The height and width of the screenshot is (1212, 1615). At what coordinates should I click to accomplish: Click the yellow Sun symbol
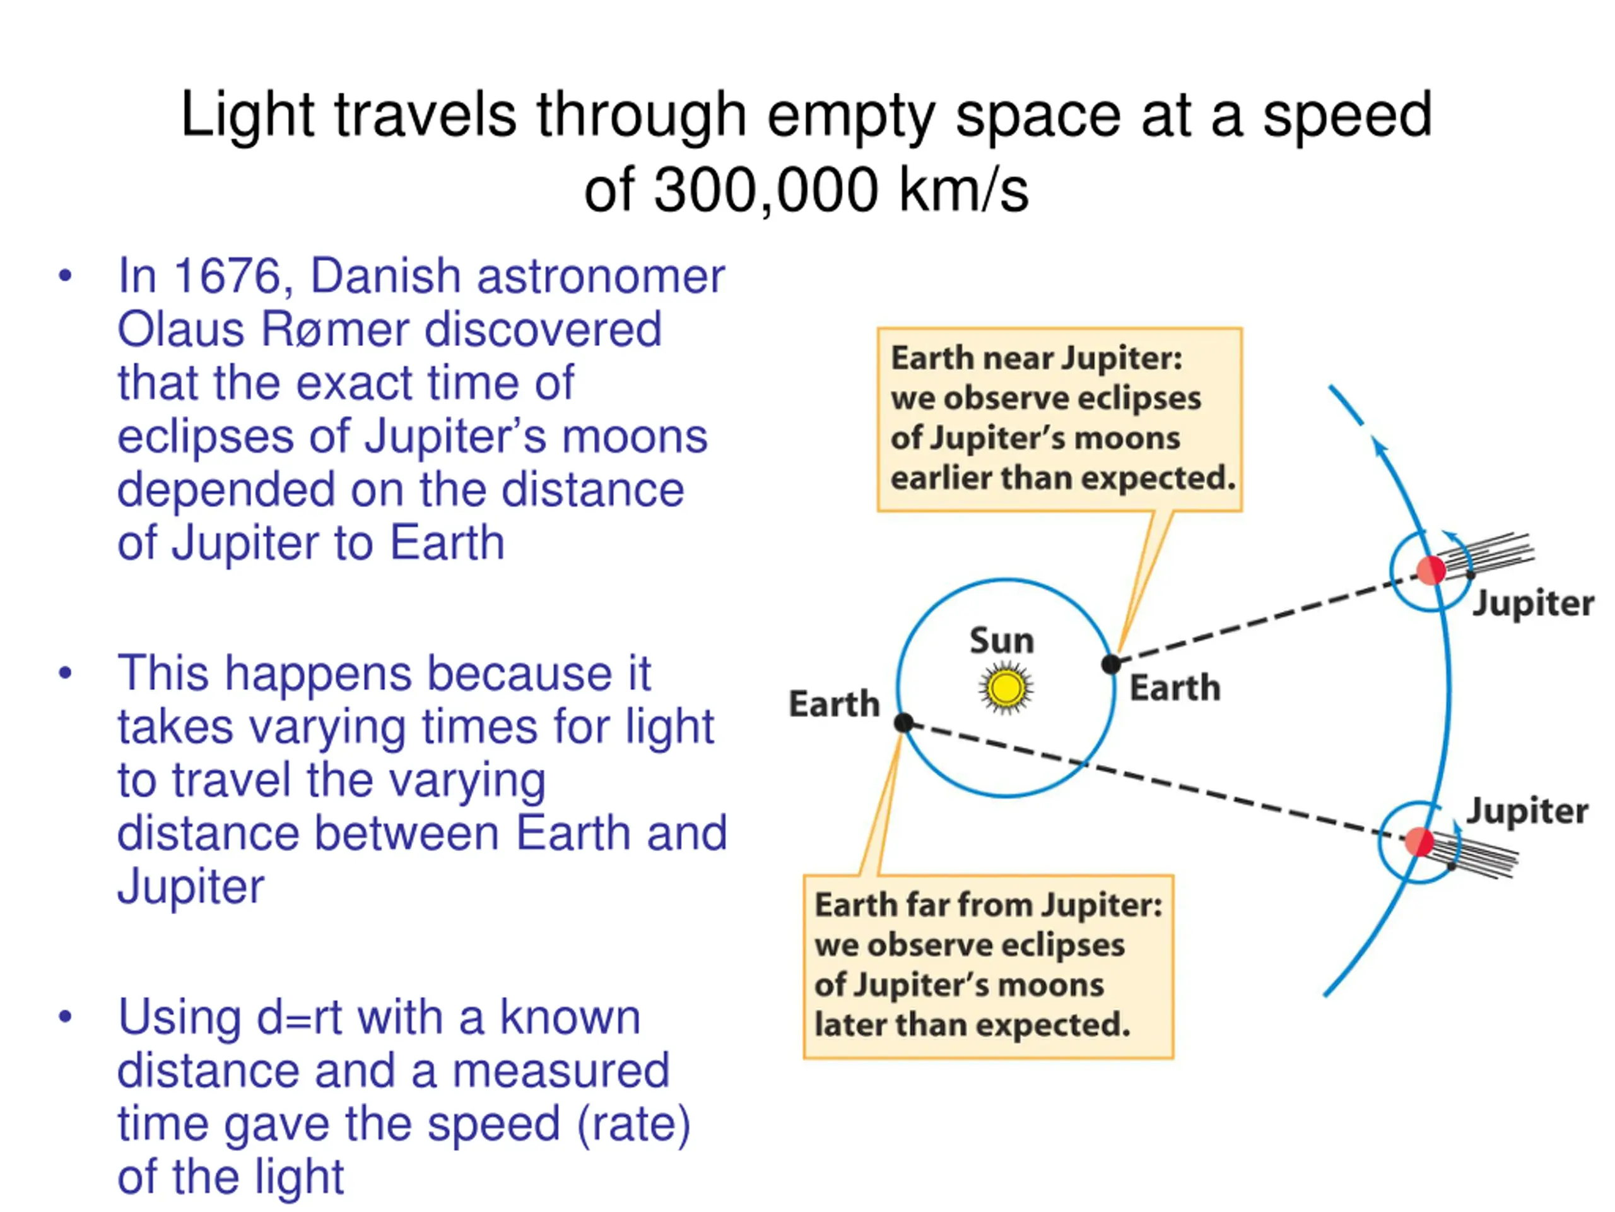[x=1006, y=687]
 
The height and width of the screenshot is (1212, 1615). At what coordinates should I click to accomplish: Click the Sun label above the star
[x=1002, y=641]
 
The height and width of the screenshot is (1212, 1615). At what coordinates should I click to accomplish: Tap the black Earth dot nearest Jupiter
[x=1111, y=664]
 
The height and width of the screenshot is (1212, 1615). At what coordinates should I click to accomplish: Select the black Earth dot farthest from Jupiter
[x=904, y=723]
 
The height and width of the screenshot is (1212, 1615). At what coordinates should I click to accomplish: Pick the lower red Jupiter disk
[x=1420, y=841]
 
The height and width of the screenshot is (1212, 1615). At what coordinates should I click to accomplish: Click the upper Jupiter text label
[x=1533, y=603]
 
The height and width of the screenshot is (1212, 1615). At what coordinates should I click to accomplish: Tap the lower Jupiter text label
[x=1527, y=811]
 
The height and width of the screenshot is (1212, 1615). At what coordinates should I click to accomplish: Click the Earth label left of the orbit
[x=835, y=704]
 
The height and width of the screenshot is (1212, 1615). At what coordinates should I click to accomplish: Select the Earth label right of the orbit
[x=1175, y=687]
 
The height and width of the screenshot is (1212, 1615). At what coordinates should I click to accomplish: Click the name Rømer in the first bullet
[x=335, y=330]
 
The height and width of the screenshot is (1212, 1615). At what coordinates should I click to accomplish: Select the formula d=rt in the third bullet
[x=300, y=1018]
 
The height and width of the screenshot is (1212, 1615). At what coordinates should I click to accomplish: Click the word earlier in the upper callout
[x=941, y=478]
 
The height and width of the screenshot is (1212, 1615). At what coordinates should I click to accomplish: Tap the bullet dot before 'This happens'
[x=66, y=672]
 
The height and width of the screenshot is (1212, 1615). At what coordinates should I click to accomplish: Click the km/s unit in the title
[x=964, y=190]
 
